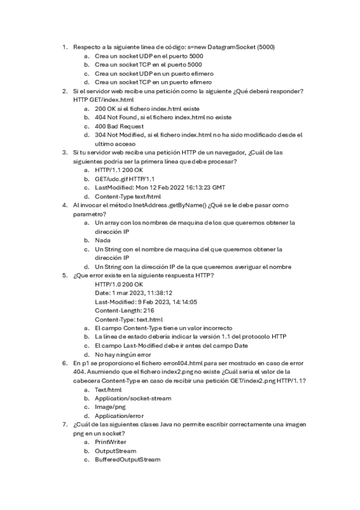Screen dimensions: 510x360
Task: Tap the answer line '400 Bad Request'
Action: (x=119, y=126)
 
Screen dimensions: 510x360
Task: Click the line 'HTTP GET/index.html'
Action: (x=103, y=100)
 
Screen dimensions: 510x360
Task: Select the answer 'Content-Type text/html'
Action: (x=127, y=196)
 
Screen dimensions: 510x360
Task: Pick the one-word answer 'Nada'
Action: (x=103, y=240)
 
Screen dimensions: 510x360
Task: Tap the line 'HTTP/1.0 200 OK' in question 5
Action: (x=119, y=284)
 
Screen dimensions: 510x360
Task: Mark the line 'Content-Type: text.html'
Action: (x=129, y=319)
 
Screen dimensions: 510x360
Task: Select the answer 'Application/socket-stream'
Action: (x=133, y=398)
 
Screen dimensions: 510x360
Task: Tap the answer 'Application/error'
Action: (x=119, y=416)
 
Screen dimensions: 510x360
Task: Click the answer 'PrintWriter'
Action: (x=112, y=442)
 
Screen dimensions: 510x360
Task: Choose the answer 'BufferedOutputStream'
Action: (x=127, y=459)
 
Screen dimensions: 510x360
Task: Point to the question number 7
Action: (x=65, y=425)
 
